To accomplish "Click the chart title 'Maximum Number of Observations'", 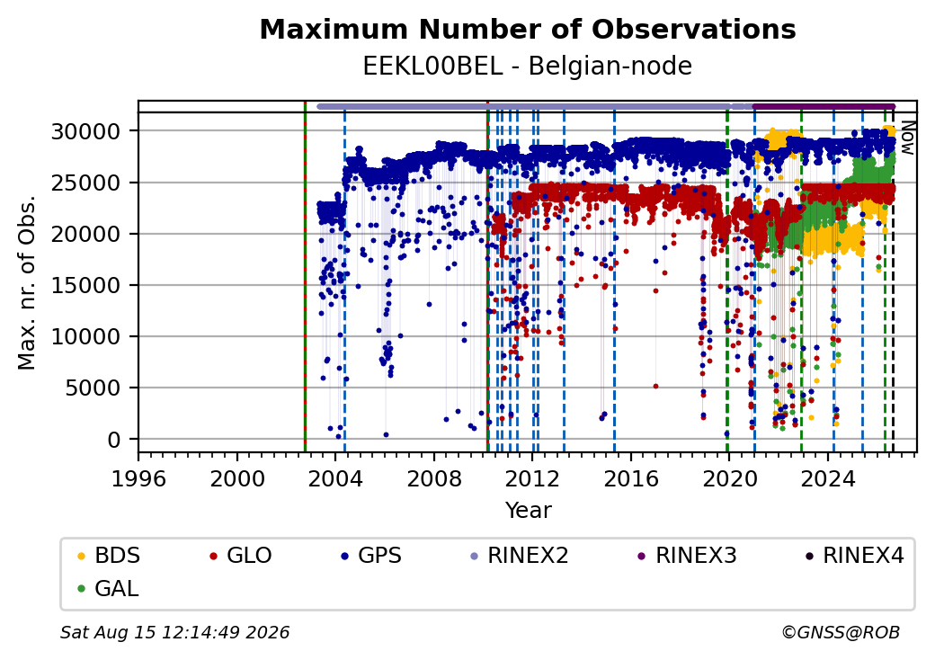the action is coord(528,29).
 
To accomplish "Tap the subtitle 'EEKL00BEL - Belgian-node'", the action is coord(528,66).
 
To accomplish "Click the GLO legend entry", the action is coord(241,556).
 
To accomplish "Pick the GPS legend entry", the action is coord(371,556).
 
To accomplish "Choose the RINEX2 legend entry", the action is coord(520,556).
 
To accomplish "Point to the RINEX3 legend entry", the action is coord(688,556).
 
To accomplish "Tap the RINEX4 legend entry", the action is coord(855,556).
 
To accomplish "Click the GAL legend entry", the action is coord(109,588).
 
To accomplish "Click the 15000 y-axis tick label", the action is coord(86,286).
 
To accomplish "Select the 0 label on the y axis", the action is coord(114,440).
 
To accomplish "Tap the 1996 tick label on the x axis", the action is coord(139,478).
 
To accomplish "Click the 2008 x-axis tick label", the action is coord(434,478).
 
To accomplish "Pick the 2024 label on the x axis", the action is coord(828,478).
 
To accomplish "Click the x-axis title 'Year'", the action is coord(529,511).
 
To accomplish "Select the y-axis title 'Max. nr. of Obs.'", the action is coord(27,281).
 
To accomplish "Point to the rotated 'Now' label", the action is coord(907,138).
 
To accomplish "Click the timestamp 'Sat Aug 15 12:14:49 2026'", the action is coord(174,632).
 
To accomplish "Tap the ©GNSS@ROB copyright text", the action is coord(841,632).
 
